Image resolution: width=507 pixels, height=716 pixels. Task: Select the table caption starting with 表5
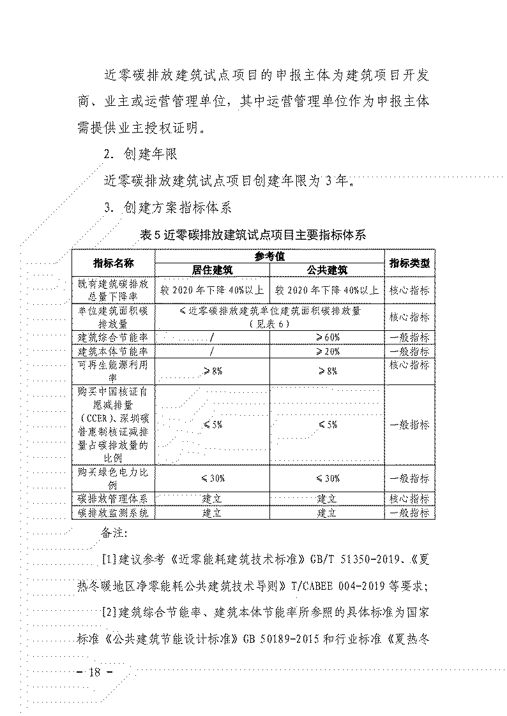click(253, 235)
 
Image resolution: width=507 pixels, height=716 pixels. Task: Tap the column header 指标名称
click(113, 263)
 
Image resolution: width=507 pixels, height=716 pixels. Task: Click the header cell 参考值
click(269, 256)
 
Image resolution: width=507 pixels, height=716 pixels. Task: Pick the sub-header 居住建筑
click(212, 270)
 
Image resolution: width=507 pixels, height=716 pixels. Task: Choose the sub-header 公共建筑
click(327, 270)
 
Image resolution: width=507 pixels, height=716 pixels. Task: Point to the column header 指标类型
click(409, 263)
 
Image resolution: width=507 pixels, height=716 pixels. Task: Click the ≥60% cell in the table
click(327, 337)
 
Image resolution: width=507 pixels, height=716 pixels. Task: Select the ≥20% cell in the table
click(327, 351)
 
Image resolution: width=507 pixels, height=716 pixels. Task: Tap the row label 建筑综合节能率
click(113, 337)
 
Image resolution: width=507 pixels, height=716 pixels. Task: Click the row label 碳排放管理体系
click(113, 498)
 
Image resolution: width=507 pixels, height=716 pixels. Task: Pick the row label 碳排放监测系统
click(113, 512)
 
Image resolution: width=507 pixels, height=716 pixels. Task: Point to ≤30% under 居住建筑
click(212, 478)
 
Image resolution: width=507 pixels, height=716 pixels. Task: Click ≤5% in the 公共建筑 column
click(327, 425)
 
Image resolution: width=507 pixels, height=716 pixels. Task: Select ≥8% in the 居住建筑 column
click(212, 371)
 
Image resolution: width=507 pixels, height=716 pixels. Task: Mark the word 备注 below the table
click(115, 532)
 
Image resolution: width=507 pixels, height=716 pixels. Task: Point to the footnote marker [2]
click(110, 613)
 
